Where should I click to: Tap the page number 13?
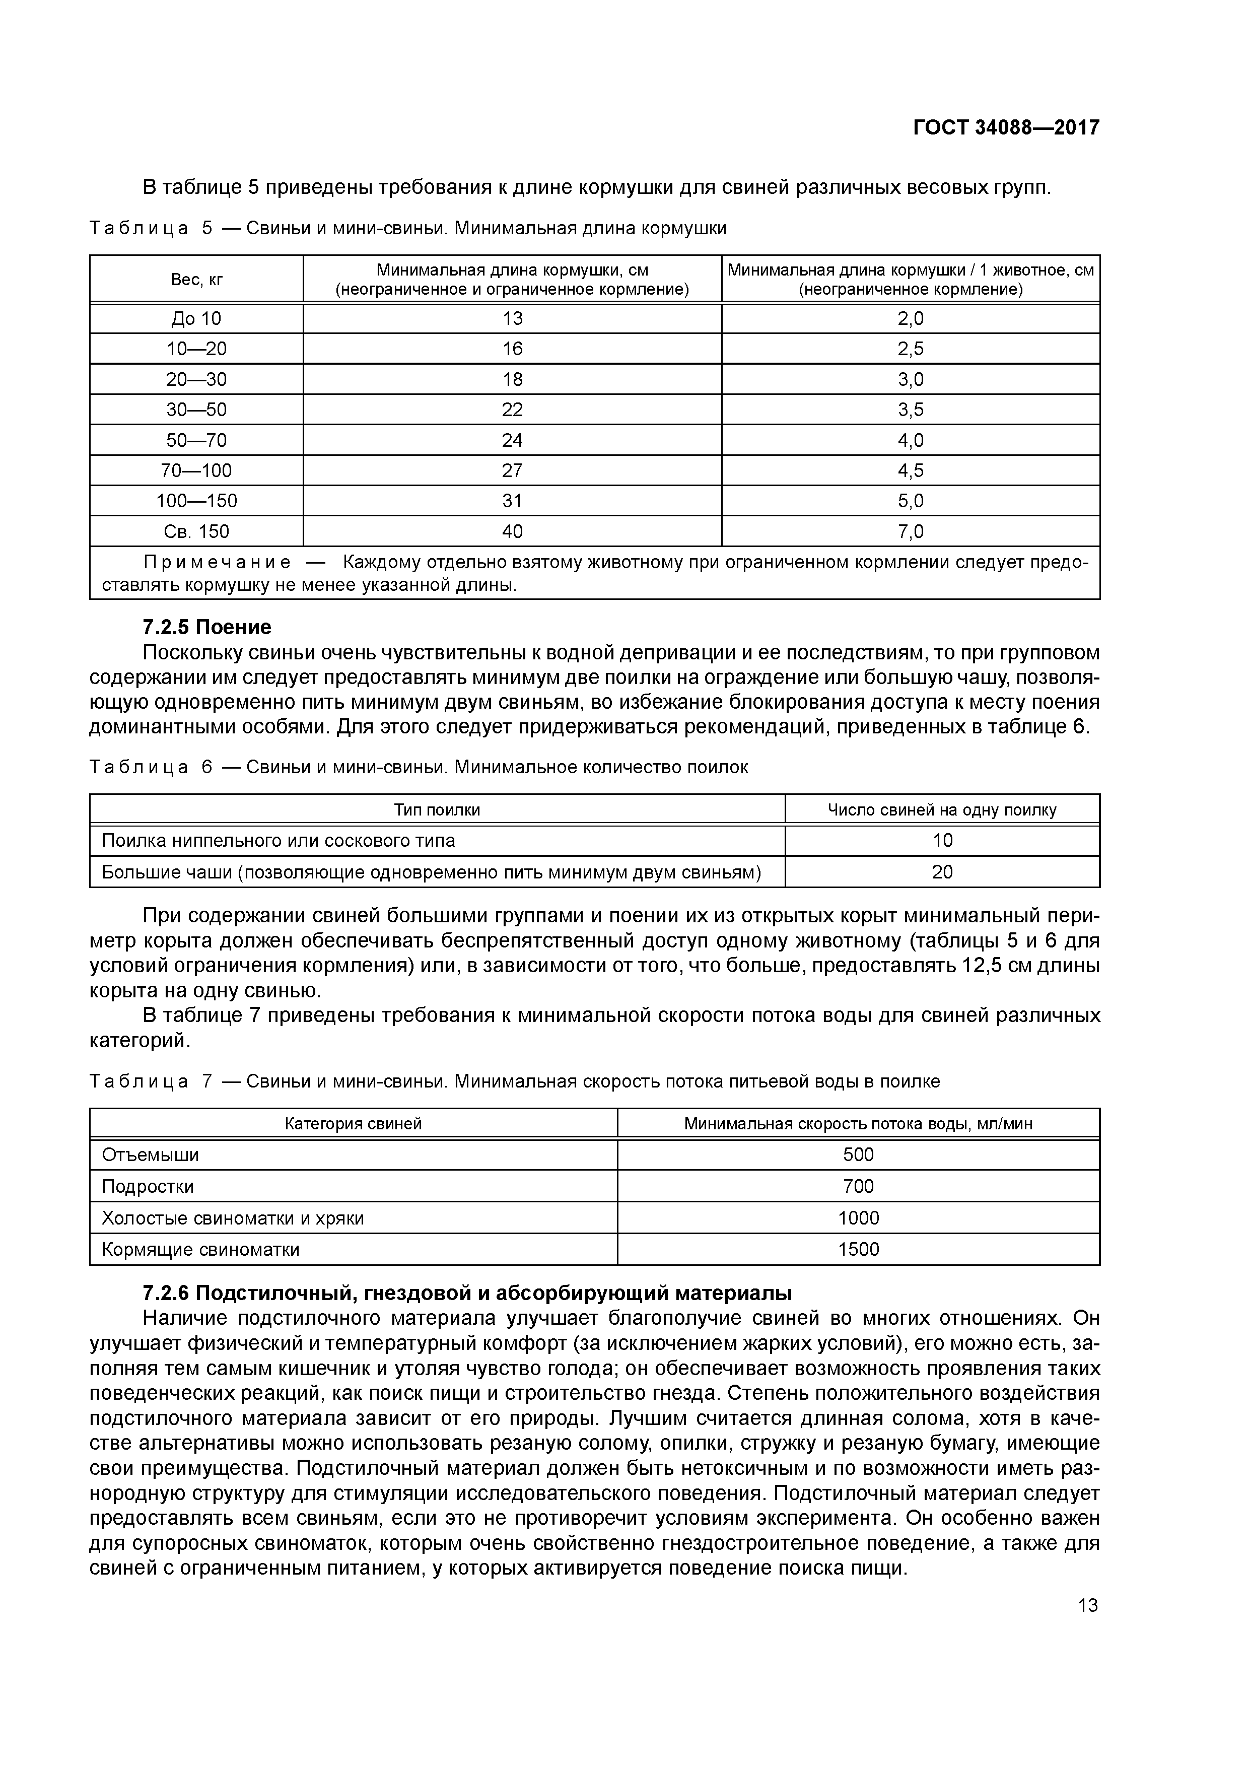coord(1087,1605)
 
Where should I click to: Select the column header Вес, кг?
coord(196,280)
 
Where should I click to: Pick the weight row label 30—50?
coord(196,410)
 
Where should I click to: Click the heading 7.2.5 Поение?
coord(207,627)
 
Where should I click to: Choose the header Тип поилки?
coord(437,809)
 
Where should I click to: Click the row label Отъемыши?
coord(150,1155)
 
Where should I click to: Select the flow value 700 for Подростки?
coord(858,1187)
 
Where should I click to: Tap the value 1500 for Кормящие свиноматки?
coord(858,1250)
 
